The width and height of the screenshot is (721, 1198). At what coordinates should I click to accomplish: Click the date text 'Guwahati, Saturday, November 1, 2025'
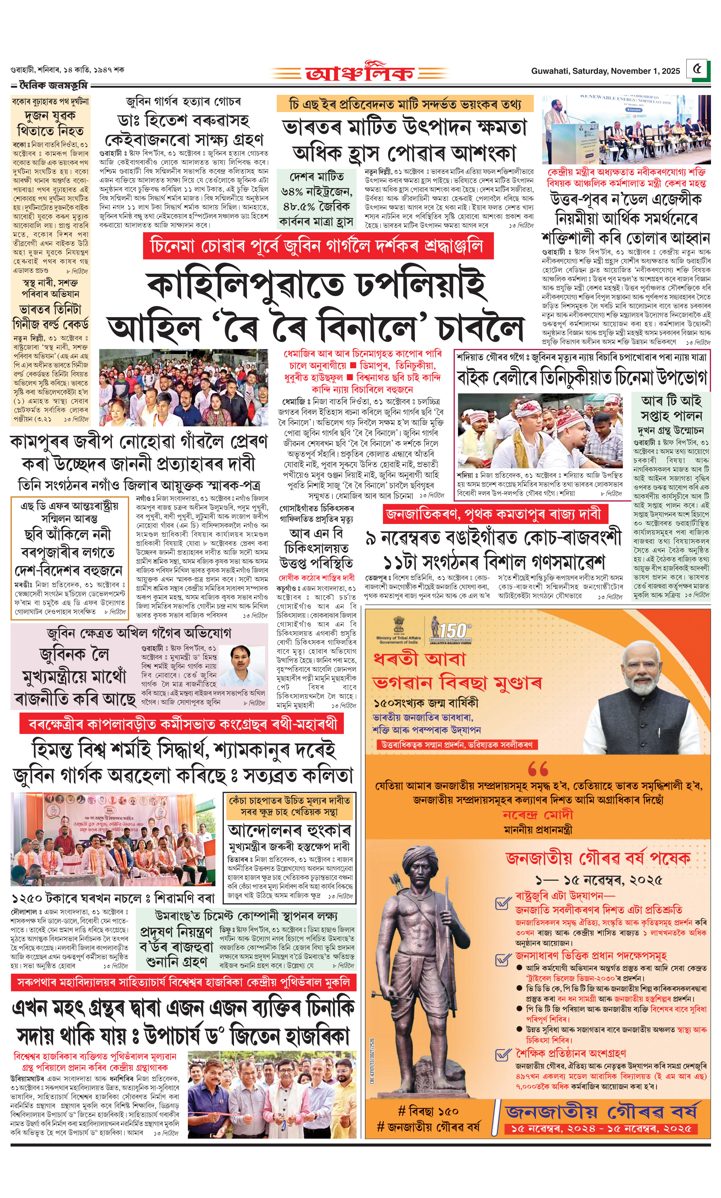coord(605,71)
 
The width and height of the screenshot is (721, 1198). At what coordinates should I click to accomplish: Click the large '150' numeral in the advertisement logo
coord(454,631)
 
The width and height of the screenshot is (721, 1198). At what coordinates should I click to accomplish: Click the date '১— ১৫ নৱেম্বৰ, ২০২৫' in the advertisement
coord(599,880)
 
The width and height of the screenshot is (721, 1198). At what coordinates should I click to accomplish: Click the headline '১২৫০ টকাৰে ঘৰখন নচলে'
coord(113,897)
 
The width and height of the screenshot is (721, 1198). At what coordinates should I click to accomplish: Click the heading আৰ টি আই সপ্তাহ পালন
coord(671,408)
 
